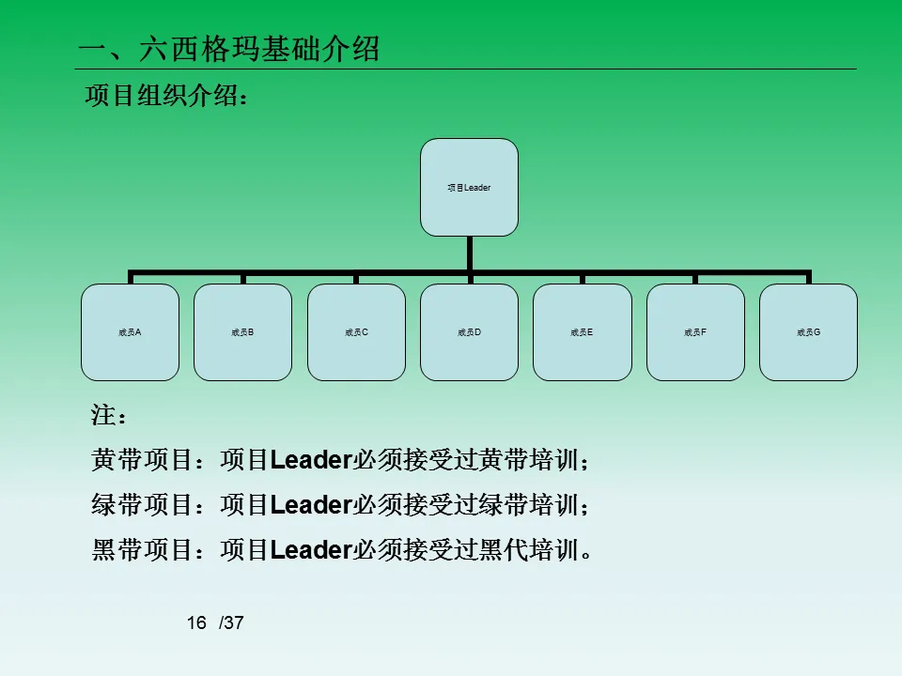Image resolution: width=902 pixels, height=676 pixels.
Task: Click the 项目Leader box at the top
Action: pos(469,188)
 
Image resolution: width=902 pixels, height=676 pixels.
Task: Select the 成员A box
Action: pos(130,332)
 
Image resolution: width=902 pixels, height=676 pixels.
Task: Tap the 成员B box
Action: pos(242,332)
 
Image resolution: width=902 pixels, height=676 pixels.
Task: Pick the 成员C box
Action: pos(356,332)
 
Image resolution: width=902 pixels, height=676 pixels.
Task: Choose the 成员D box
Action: pos(469,332)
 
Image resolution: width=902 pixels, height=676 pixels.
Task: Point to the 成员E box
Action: pos(583,332)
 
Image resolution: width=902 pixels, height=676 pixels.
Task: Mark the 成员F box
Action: pos(695,332)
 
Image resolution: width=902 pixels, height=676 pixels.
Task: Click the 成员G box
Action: pos(808,332)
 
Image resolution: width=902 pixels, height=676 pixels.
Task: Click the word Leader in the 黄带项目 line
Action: pos(310,460)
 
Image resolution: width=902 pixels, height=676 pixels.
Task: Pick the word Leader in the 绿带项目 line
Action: pos(310,505)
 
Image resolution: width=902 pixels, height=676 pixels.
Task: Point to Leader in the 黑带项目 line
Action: pos(310,550)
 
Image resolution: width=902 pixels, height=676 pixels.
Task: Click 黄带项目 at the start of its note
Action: pos(141,460)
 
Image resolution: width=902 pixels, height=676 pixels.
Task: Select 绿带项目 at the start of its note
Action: pos(141,505)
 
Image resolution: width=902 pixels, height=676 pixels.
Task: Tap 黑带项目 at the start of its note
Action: pos(141,550)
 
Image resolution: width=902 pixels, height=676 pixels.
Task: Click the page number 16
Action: pos(196,623)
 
